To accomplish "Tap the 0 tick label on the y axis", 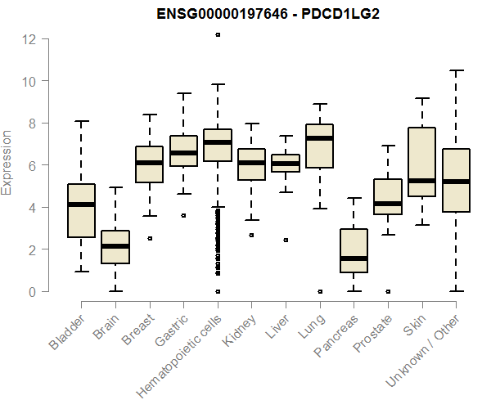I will click(x=30, y=291).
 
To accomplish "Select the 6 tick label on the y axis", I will click(x=30, y=165).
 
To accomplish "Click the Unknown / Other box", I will click(x=455, y=180).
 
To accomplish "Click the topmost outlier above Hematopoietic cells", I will click(x=218, y=34).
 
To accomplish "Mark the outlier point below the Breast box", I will click(x=149, y=239).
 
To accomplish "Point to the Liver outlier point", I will click(x=286, y=240).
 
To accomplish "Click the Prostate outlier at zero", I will click(x=387, y=291).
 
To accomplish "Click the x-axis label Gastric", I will click(x=172, y=328).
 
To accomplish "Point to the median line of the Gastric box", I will click(x=183, y=153).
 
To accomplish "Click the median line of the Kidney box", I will click(x=251, y=163).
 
